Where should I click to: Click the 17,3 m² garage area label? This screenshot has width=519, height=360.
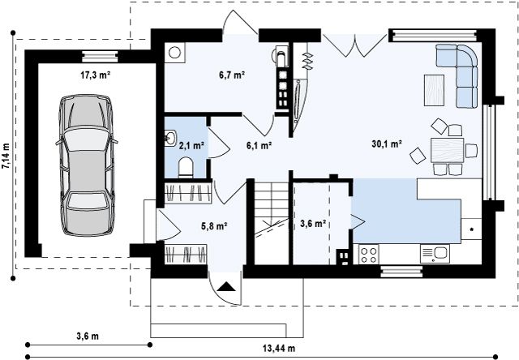click(96, 75)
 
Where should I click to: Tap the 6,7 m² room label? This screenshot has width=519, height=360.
click(232, 75)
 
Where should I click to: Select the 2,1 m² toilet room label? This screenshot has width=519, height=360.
click(191, 145)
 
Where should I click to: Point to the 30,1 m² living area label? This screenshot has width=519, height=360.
click(387, 144)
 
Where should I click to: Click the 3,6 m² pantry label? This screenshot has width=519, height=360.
click(313, 224)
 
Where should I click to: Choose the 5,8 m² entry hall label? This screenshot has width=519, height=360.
click(214, 226)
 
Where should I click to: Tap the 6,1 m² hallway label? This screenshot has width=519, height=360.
click(259, 145)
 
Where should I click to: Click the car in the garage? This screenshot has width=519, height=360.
click(87, 165)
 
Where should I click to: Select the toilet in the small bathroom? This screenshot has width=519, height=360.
click(186, 167)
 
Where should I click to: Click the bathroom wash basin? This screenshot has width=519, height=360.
click(170, 138)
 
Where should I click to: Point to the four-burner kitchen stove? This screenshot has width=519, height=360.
click(369, 255)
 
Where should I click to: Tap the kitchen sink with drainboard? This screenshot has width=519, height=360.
click(435, 254)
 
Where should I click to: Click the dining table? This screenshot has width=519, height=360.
click(447, 150)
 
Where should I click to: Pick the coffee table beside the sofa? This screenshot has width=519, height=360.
click(435, 90)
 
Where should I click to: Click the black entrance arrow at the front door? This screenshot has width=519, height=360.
click(226, 286)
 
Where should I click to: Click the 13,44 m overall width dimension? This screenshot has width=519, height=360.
click(279, 348)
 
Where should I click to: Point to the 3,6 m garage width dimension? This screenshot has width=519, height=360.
click(88, 336)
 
